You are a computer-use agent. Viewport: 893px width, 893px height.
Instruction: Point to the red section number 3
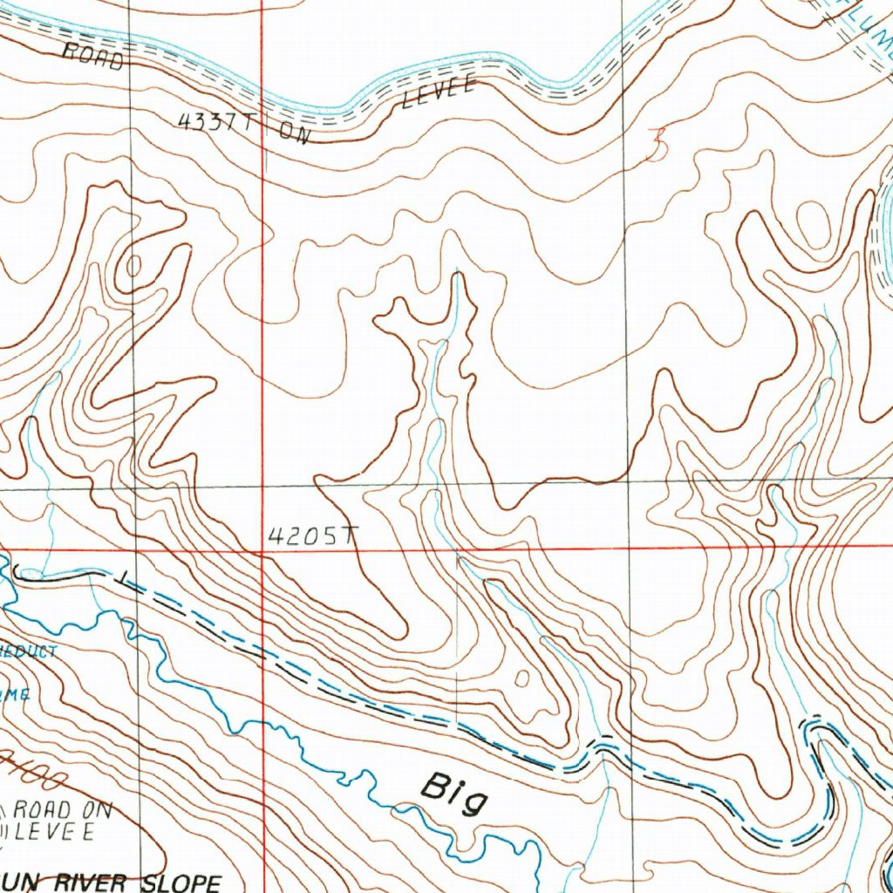657,145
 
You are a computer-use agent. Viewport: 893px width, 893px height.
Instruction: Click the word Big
453,793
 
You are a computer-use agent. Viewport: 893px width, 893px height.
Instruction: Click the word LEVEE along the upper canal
439,92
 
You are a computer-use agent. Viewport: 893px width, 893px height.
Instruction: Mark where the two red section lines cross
262,551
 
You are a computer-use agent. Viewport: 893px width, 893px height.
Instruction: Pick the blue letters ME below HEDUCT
17,693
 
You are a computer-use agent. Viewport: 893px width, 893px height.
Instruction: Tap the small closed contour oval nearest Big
522,677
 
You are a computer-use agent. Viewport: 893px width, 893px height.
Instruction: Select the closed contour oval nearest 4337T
135,265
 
